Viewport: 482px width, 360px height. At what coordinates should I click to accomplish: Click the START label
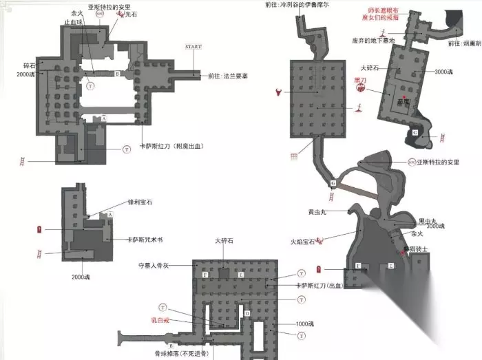[193, 46]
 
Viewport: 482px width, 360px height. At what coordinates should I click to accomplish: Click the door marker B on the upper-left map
[118, 73]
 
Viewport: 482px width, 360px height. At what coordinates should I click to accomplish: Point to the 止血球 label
[74, 21]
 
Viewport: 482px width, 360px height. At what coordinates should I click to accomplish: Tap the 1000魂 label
[304, 324]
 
